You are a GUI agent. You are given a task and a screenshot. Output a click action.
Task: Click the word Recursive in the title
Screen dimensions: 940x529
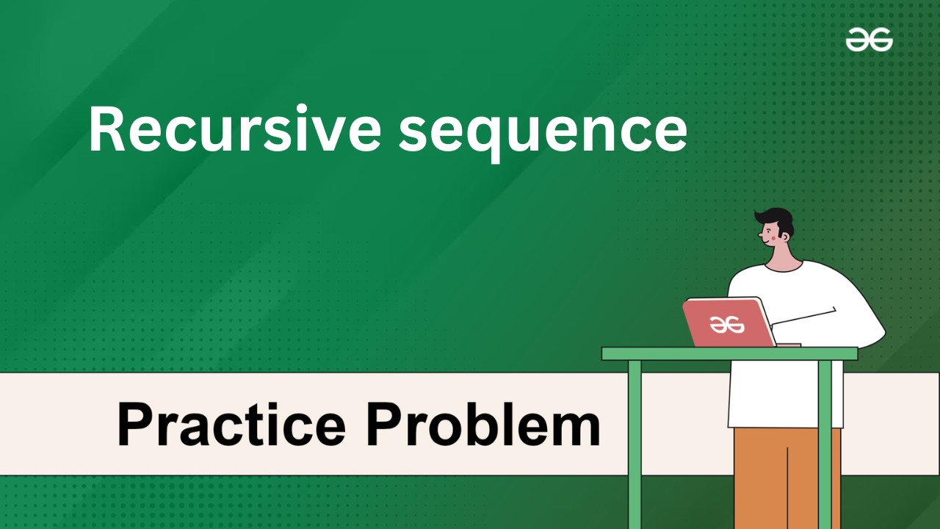tap(235, 129)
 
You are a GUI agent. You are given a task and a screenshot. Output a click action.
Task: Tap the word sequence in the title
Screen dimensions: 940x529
tap(543, 133)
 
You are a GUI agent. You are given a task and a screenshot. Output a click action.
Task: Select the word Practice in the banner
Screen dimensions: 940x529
tap(231, 424)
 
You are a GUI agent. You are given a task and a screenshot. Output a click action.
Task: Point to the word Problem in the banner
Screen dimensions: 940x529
tap(483, 424)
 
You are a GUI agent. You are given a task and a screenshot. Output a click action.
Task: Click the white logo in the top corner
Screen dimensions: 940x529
tap(869, 40)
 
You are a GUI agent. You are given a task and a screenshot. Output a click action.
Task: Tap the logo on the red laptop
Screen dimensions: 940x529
tap(727, 325)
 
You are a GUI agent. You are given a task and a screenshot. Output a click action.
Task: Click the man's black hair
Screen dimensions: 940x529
tap(776, 220)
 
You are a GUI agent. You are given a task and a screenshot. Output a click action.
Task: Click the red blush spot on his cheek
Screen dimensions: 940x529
tap(773, 238)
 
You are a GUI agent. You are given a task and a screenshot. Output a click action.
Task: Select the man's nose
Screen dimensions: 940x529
tap(760, 234)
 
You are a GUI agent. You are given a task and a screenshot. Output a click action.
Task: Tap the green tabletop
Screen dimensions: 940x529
tap(729, 353)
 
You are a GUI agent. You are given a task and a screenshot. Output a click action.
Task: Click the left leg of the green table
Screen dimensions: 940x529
tap(634, 445)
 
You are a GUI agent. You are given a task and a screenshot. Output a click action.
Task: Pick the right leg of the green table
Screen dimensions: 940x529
tap(825, 445)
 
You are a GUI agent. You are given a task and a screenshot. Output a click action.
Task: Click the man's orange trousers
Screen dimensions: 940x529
tap(787, 478)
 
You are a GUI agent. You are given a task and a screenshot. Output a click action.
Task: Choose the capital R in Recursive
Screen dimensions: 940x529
tap(106, 129)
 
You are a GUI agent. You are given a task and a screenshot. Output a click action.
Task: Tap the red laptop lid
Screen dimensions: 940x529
tap(729, 323)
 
